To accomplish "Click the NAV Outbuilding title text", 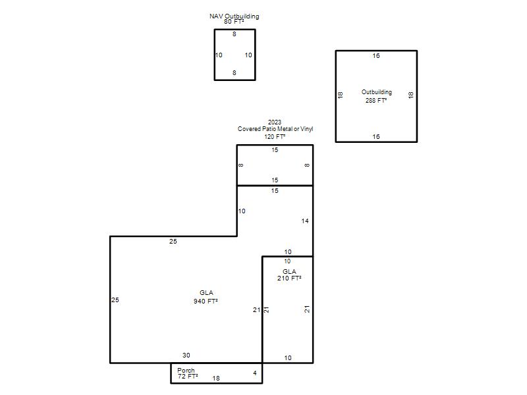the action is click(235, 16).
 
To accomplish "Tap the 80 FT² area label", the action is click(234, 22).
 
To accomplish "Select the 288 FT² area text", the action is click(376, 100).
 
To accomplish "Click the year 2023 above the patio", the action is click(275, 122).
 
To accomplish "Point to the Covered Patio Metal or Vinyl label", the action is click(275, 128).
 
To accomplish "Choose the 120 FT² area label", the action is click(275, 136).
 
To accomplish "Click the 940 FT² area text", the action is click(206, 302).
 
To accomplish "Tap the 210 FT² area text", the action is click(289, 278).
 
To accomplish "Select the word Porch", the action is click(186, 370).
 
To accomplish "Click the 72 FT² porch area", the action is click(188, 377).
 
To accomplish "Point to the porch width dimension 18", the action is click(216, 378).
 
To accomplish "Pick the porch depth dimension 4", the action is click(255, 373).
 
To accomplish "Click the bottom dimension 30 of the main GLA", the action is click(186, 355).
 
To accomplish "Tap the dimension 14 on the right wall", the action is click(305, 221).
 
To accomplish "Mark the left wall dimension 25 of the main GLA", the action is click(115, 300).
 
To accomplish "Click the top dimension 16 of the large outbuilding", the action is click(376, 56).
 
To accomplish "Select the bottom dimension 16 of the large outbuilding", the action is click(376, 137).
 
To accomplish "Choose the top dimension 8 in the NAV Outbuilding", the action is click(235, 34).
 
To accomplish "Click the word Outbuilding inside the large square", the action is click(376, 92).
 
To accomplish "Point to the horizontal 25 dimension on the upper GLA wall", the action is click(173, 241).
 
